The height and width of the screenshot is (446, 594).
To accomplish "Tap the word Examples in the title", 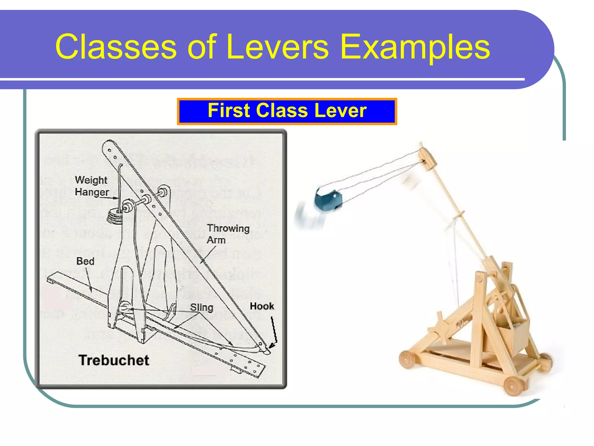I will click(x=415, y=47).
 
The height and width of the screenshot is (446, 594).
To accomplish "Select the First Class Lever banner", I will click(x=287, y=111).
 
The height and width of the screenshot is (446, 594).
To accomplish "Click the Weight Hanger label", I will click(x=91, y=186).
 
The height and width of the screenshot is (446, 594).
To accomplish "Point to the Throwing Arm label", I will click(x=228, y=234).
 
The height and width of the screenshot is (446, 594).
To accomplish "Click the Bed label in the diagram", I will click(x=85, y=261).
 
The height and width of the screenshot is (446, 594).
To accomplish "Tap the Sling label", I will click(x=202, y=307).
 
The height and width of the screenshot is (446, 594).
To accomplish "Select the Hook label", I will click(x=262, y=306).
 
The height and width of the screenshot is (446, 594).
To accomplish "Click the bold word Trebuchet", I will click(x=114, y=360).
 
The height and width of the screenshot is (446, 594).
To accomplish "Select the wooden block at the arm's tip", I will click(x=428, y=159).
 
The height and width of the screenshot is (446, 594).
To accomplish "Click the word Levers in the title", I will click(x=277, y=47).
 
